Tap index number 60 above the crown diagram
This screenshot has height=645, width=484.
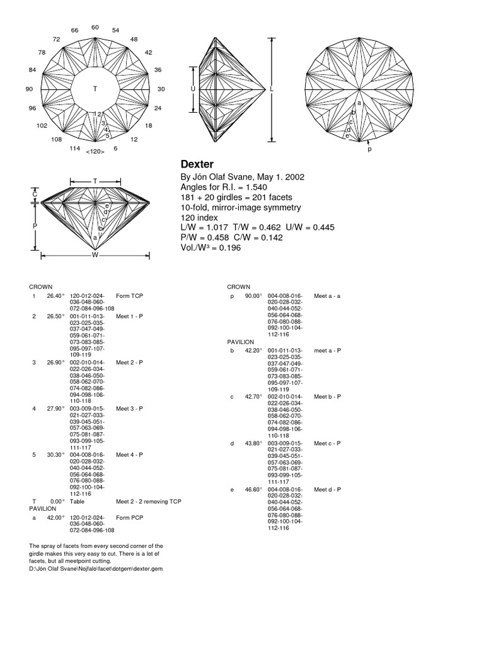(95, 27)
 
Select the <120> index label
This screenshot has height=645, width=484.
(95, 152)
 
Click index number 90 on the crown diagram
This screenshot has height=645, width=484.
(29, 89)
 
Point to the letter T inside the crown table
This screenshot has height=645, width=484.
(95, 89)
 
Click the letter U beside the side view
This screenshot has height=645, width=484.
(193, 89)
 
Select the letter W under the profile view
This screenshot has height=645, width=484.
(95, 255)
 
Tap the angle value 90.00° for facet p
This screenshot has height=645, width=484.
(253, 295)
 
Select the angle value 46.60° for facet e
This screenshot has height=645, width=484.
(253, 489)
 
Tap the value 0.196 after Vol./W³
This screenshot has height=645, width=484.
(228, 248)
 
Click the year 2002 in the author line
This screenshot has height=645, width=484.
(295, 177)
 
